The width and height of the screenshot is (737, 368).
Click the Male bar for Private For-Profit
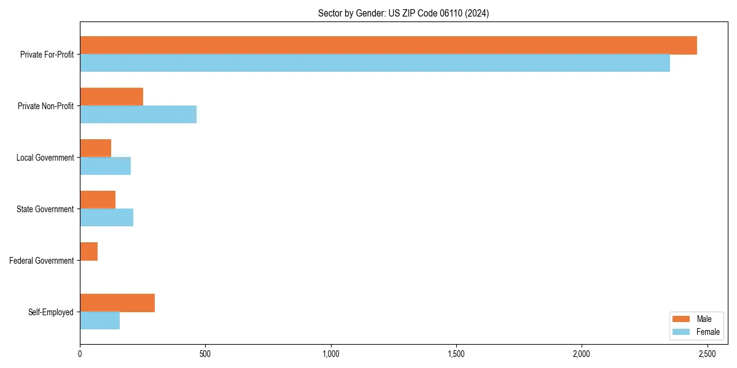click(388, 45)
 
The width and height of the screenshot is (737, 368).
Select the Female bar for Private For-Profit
click(375, 63)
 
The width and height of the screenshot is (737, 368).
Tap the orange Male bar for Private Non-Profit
click(111, 97)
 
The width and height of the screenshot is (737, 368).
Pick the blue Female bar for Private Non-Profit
click(138, 115)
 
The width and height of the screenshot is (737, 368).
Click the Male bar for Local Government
click(95, 148)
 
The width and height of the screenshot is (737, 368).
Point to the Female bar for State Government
click(106, 218)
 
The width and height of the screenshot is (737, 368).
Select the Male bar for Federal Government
click(88, 251)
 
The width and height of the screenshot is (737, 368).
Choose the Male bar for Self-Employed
click(117, 303)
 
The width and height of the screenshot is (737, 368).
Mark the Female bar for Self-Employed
click(99, 321)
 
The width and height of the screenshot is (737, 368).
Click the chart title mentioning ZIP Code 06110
click(404, 13)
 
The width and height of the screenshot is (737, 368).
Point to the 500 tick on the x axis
click(205, 354)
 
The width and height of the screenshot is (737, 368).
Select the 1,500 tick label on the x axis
click(456, 354)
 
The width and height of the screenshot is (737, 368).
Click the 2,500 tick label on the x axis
click(707, 354)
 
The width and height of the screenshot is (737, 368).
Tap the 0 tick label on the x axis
click(80, 354)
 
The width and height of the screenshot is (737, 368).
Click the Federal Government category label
click(42, 261)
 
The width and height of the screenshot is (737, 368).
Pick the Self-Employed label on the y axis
click(51, 312)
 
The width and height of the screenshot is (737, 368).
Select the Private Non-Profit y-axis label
click(45, 106)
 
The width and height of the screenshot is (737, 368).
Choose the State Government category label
click(45, 209)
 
